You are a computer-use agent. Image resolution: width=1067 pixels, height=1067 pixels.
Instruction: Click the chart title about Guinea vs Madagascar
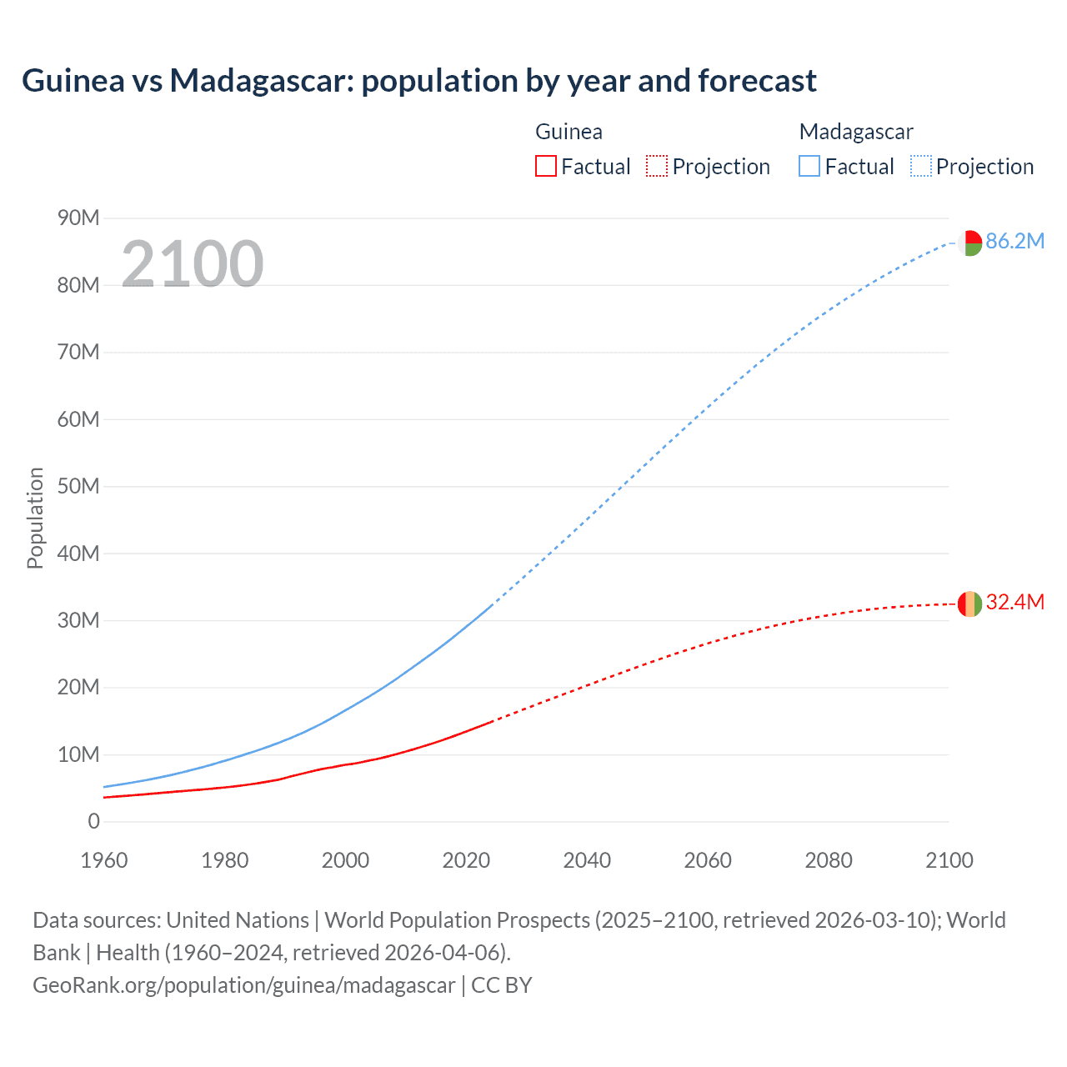coord(418,81)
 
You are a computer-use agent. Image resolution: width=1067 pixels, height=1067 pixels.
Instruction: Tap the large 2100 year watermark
coord(193,263)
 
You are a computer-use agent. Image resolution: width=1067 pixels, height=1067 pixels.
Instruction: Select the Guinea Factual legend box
coord(545,167)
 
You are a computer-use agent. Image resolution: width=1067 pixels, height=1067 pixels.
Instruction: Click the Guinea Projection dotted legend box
coord(657,167)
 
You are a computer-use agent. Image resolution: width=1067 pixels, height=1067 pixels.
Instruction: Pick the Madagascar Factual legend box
coord(809,167)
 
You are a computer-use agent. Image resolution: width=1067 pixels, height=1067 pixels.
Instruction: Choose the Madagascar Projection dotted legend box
coord(921,167)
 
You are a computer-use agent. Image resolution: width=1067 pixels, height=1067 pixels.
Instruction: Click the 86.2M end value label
coord(1014,242)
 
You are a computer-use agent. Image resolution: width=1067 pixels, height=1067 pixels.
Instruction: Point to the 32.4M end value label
coord(1014,603)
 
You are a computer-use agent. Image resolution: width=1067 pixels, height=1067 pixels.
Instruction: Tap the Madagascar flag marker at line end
coord(969,243)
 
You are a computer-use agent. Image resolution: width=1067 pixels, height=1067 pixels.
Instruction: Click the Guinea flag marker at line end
coord(969,604)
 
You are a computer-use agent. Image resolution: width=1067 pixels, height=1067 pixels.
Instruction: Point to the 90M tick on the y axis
coord(78,218)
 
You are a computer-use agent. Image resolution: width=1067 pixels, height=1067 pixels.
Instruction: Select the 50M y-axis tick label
coord(78,487)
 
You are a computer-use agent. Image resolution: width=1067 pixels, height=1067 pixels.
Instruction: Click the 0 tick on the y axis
coord(93,822)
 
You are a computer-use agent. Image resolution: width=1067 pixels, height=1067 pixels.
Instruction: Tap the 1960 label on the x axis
coord(104,860)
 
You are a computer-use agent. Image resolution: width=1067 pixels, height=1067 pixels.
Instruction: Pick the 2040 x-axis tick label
coord(587,860)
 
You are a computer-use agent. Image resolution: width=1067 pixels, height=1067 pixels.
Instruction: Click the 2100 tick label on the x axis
coord(949,860)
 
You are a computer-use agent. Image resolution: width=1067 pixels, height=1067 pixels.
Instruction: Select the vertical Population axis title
coord(35,518)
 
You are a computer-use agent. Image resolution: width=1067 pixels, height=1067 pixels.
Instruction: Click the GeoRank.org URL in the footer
coord(243,985)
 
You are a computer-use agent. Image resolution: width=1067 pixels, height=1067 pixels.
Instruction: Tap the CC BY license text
coord(502,985)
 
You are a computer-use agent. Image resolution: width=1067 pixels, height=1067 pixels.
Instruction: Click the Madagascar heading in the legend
coord(856,132)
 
